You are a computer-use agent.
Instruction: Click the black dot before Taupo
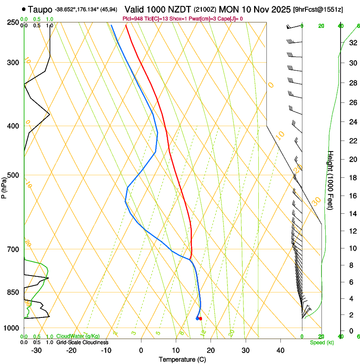pyautogui.click(x=24, y=9)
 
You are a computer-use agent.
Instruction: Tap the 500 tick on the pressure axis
pyautogui.click(x=13, y=175)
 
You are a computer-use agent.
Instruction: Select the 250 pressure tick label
pyautogui.click(x=13, y=22)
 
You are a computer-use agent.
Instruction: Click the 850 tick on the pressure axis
pyautogui.click(x=13, y=292)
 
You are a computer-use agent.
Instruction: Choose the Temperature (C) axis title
pyautogui.click(x=182, y=360)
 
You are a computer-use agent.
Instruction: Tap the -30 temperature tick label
pyautogui.click(x=36, y=350)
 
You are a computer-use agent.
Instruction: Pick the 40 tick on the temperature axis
pyautogui.click(x=280, y=350)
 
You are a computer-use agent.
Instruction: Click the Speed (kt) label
pyautogui.click(x=321, y=342)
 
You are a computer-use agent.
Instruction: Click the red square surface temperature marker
pyautogui.click(x=201, y=318)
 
